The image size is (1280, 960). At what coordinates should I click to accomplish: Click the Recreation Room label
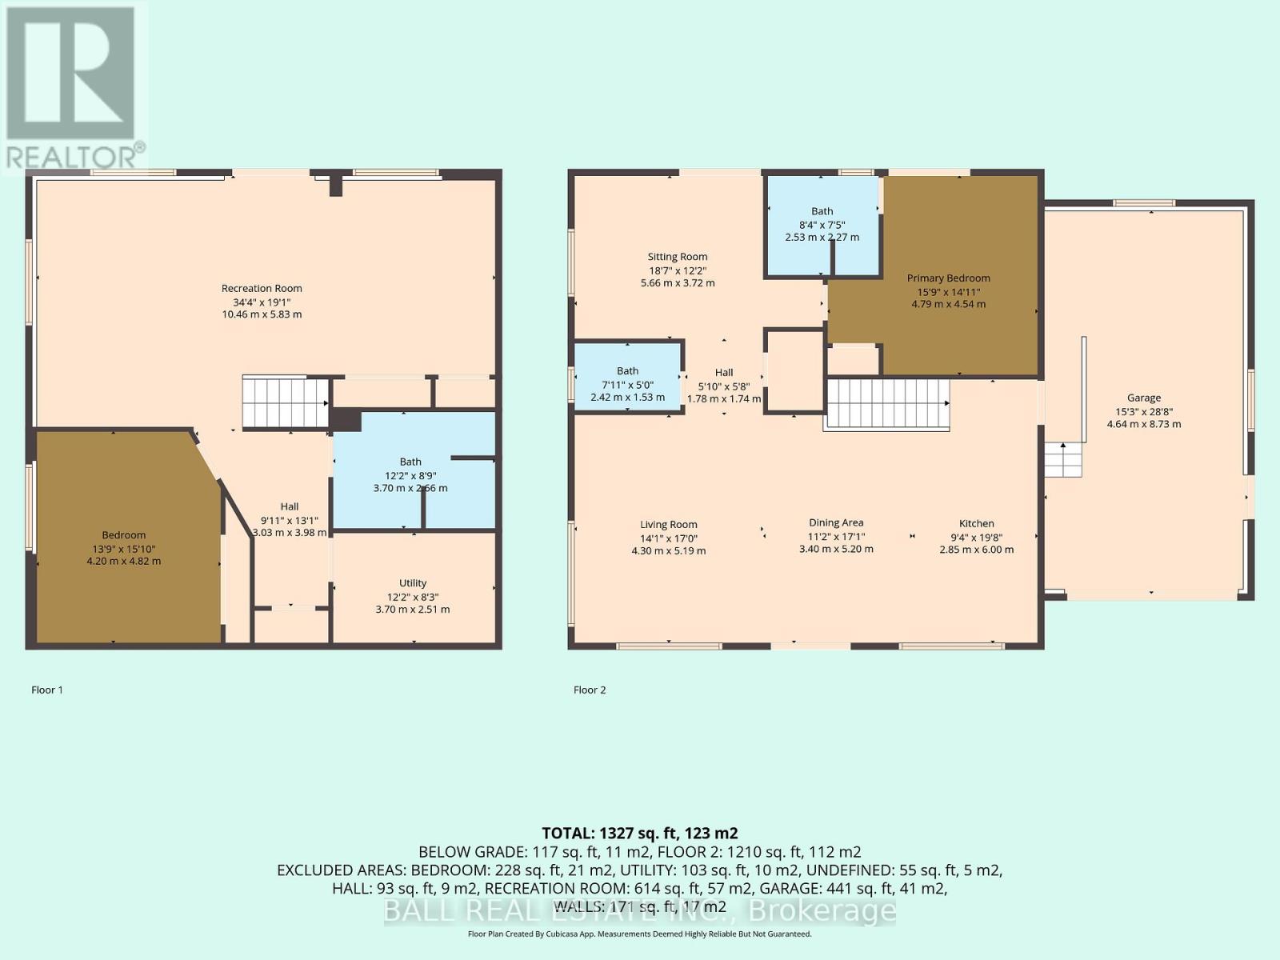[262, 289]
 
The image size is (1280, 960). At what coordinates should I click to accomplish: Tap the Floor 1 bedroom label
[123, 535]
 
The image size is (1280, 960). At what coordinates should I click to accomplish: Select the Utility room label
[413, 583]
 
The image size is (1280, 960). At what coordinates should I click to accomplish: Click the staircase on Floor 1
[286, 402]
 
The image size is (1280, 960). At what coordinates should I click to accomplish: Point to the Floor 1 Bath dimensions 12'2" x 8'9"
[410, 474]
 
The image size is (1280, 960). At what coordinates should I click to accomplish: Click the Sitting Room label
[678, 257]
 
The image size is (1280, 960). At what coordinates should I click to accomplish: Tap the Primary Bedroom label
[948, 278]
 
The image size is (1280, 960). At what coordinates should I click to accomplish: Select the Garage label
[1143, 398]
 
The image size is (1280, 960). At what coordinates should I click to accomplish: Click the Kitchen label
[976, 523]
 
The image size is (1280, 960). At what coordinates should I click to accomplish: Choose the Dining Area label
[836, 523]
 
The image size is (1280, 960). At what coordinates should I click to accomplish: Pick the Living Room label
[669, 525]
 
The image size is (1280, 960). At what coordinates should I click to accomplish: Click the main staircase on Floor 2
[887, 404]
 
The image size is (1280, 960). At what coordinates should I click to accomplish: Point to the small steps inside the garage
[1063, 460]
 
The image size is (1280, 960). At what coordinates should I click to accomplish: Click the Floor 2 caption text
[590, 690]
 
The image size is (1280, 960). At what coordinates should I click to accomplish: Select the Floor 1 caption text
[47, 690]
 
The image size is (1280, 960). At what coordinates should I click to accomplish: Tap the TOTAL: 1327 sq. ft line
[639, 833]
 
